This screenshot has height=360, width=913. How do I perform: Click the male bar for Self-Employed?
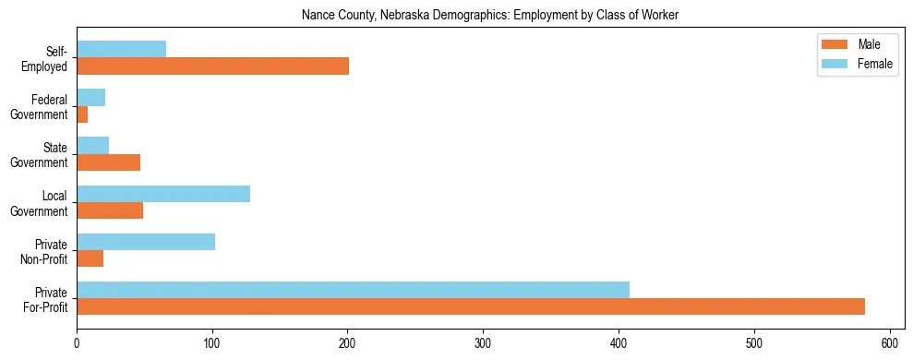click(212, 66)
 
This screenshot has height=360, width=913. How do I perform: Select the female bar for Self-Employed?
click(121, 49)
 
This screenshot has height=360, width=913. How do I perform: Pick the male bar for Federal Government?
click(82, 114)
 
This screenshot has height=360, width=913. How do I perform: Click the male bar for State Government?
click(108, 162)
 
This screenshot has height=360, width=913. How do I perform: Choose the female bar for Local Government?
click(163, 193)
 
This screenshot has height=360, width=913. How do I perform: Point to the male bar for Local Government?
click(110, 210)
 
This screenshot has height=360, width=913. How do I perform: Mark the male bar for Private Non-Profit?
click(90, 258)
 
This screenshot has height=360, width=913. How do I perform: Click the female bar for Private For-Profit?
click(353, 289)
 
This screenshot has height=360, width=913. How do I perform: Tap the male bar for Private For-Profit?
click(471, 306)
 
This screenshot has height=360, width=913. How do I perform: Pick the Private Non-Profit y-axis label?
click(50, 250)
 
